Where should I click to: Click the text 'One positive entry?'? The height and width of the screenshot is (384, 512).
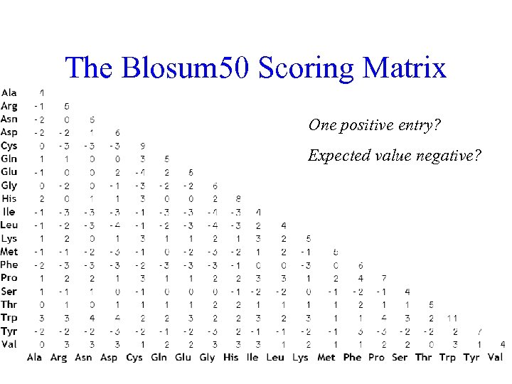(375, 125)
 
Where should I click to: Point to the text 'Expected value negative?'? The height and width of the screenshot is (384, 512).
(394, 156)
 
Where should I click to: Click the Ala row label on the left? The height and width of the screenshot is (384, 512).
(9, 92)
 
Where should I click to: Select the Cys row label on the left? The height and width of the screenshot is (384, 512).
(9, 145)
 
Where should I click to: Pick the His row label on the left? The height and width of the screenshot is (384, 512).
(9, 198)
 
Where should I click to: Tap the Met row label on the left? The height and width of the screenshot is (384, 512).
(9, 252)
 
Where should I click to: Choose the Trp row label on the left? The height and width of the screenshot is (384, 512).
(9, 318)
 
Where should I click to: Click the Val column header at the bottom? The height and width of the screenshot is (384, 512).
(496, 357)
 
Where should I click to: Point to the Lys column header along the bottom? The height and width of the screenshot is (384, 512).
(301, 357)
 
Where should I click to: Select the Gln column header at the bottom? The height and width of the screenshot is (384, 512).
(159, 357)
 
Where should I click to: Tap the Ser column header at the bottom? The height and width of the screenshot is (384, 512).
(400, 357)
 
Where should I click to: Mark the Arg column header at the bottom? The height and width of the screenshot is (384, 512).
(59, 357)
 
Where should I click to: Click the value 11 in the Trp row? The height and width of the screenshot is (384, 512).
(453, 318)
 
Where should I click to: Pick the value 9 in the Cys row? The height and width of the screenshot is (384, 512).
(143, 146)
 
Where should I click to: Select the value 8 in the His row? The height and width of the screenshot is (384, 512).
(238, 199)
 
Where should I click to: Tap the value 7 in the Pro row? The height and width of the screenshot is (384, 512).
(384, 278)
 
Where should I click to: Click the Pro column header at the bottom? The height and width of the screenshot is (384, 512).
(376, 357)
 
